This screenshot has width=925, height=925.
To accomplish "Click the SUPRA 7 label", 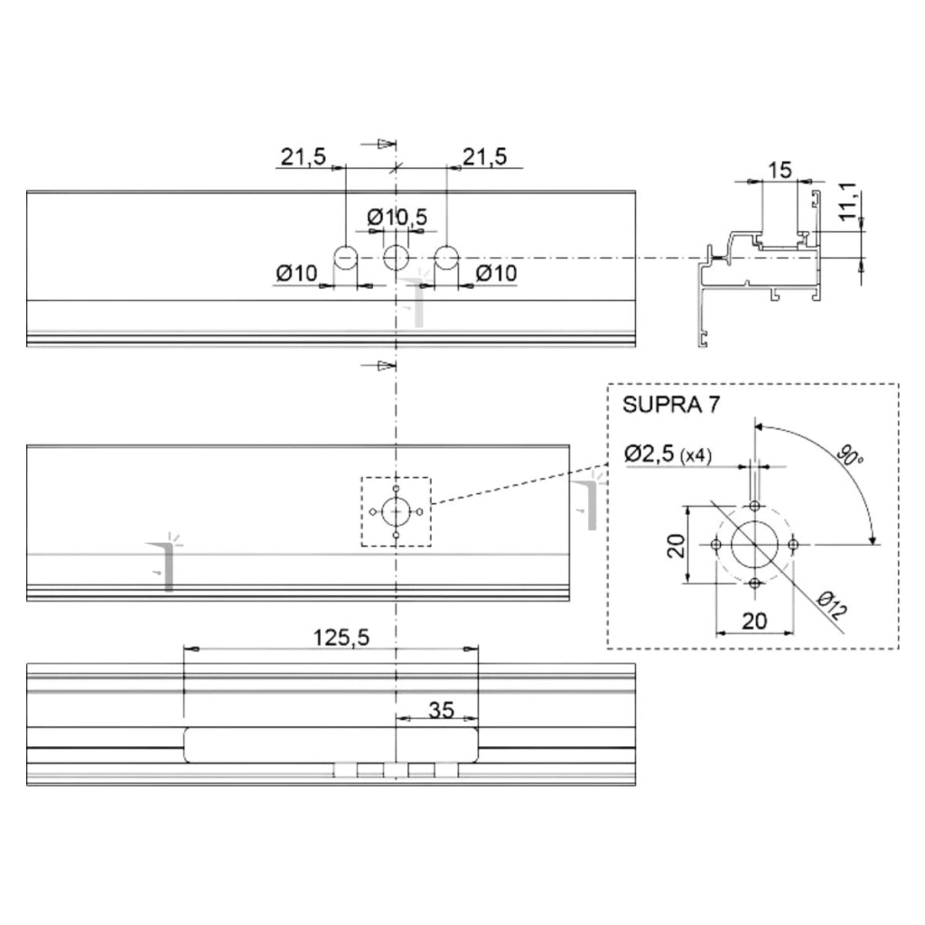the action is (x=671, y=405).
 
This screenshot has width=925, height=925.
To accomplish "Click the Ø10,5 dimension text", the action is (x=397, y=217).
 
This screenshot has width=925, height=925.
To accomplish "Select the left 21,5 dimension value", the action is (x=303, y=157).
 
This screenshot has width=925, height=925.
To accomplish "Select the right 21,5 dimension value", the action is (x=484, y=157).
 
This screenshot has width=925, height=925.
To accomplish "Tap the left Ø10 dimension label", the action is (x=296, y=273).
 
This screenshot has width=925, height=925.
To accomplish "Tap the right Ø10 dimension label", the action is (x=496, y=273).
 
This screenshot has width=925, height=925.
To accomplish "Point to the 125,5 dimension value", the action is (x=341, y=637).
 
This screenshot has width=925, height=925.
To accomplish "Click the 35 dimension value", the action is (x=441, y=710).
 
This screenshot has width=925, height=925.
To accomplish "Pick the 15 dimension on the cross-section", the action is (x=780, y=170).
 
